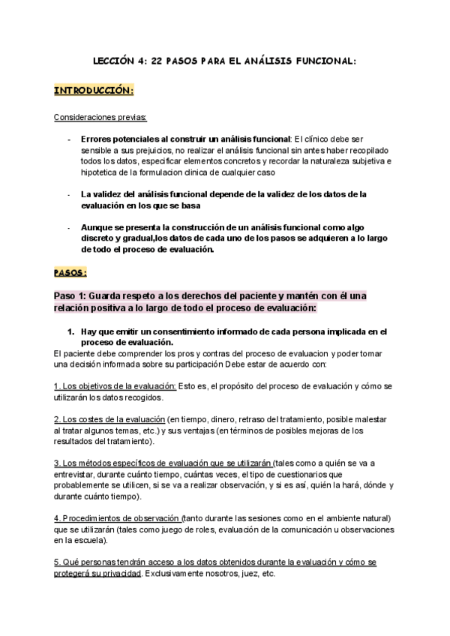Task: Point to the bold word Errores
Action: (97, 139)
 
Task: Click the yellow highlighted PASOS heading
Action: (70, 271)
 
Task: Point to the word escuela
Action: (91, 540)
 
